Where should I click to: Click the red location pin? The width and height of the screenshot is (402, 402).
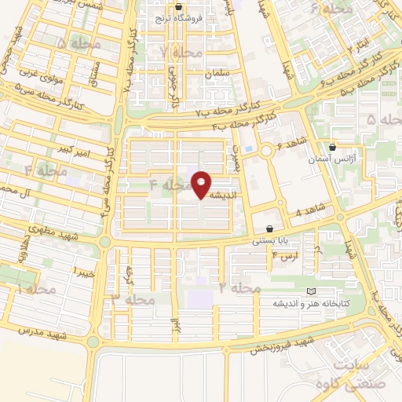point(203,185)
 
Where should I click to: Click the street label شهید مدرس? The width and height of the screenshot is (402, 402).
point(35,337)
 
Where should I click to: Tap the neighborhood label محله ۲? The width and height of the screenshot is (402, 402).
point(239,289)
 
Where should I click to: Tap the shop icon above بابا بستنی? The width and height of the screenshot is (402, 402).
point(270,228)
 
